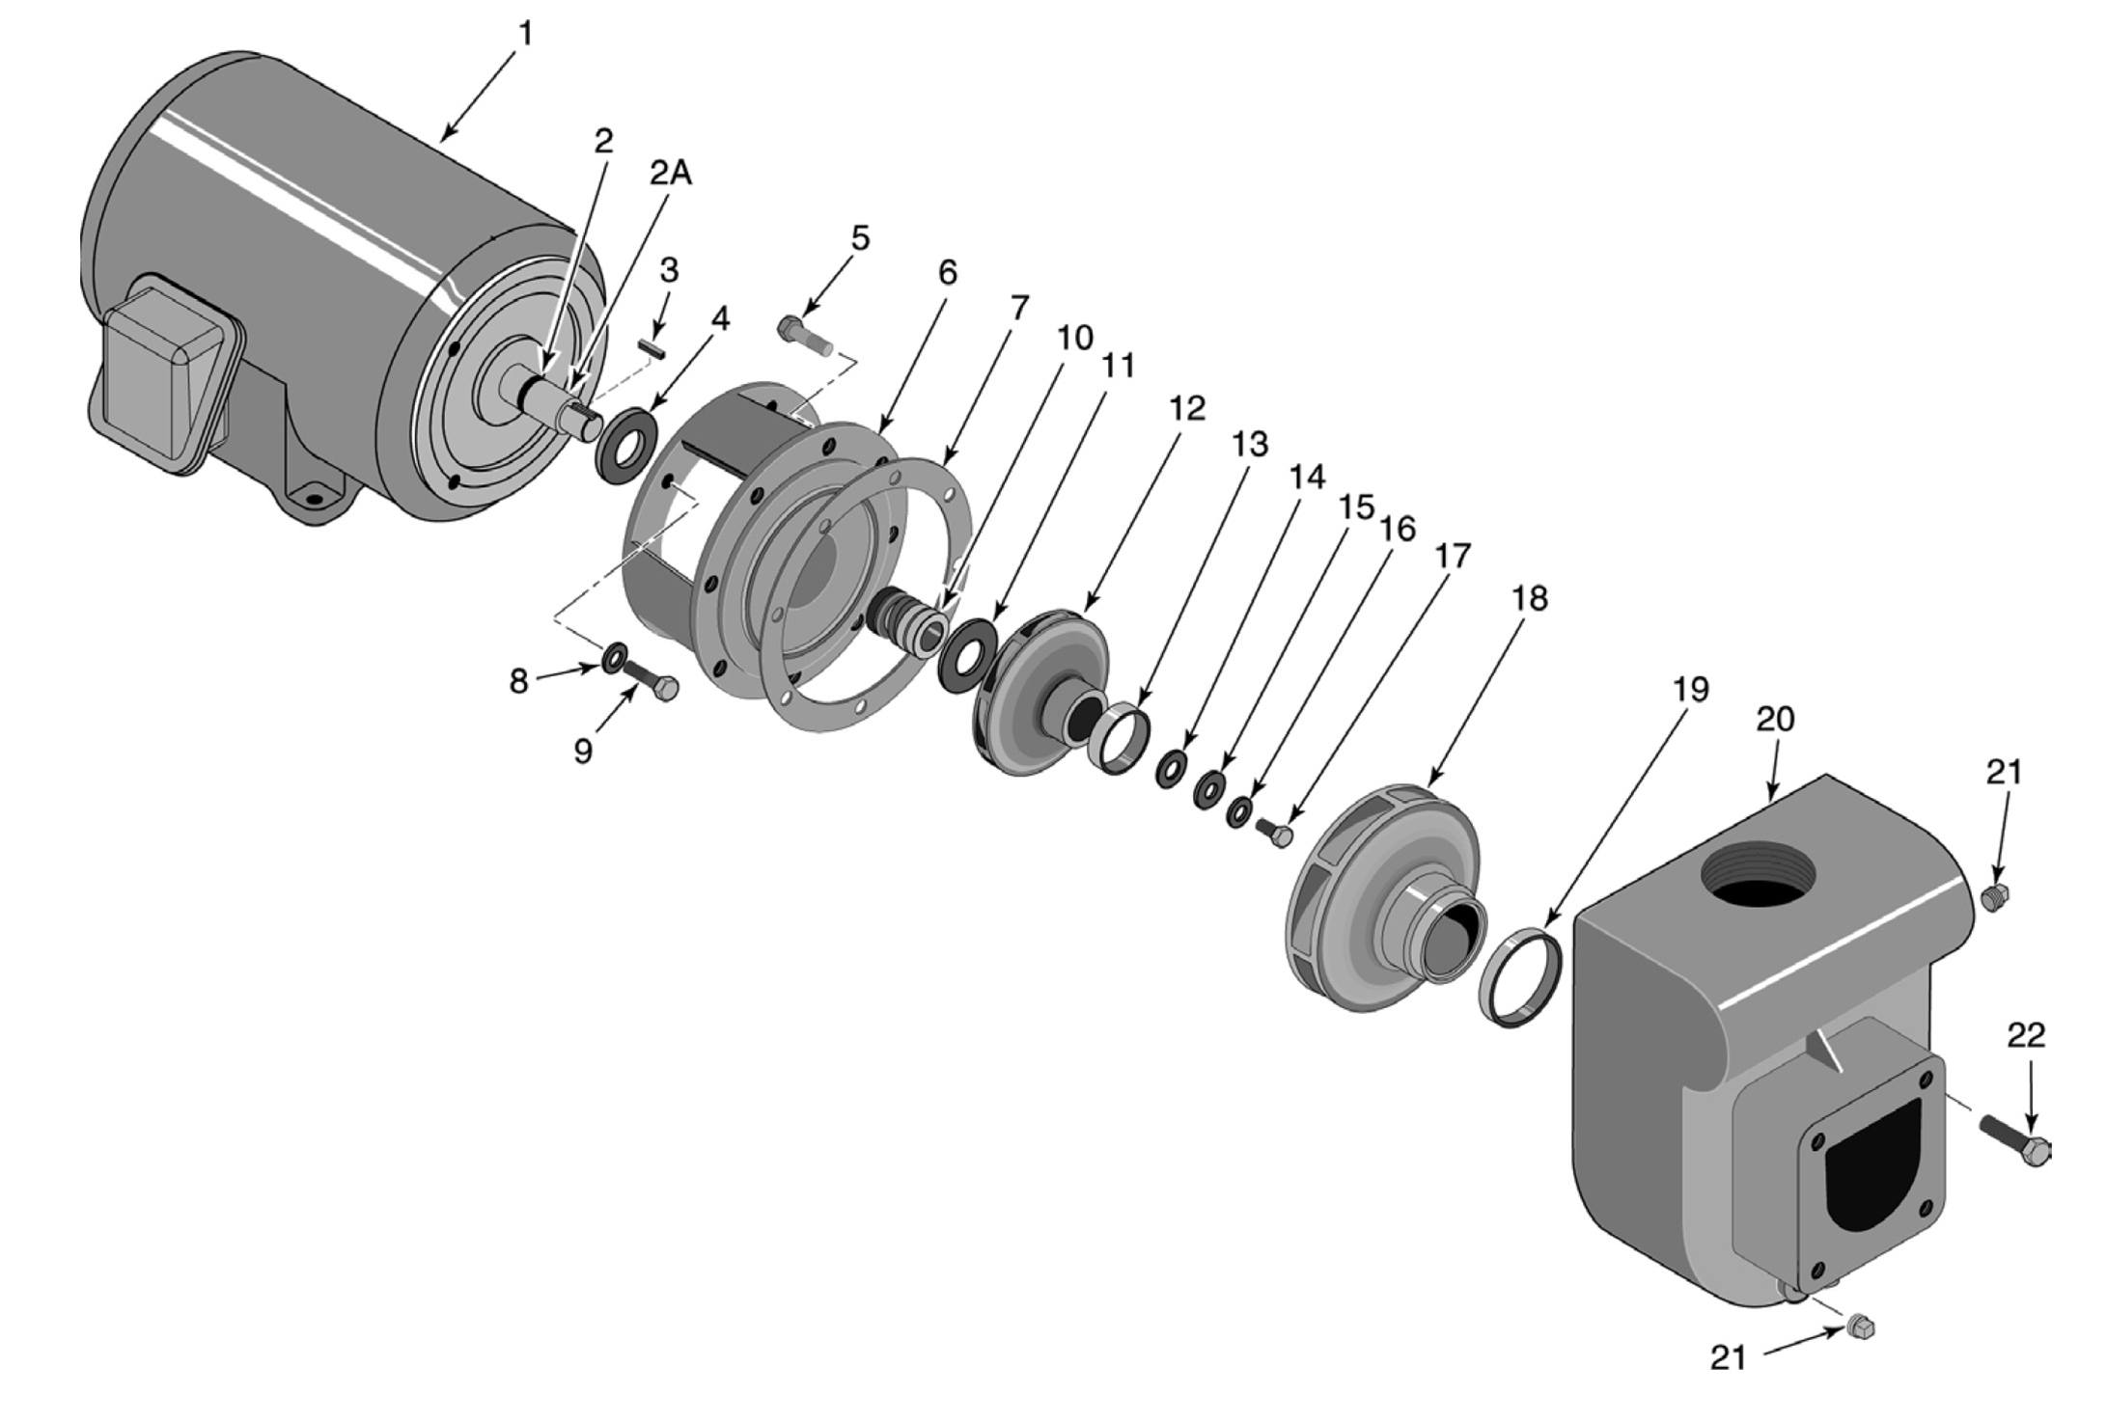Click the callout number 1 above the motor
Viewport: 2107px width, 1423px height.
tap(525, 34)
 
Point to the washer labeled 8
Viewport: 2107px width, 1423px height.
tap(613, 658)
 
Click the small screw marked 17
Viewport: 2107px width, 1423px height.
tap(1275, 833)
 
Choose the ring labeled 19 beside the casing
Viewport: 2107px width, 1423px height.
tap(1521, 976)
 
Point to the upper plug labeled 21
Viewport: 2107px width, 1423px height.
tap(1996, 896)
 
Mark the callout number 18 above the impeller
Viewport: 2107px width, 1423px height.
tap(1529, 598)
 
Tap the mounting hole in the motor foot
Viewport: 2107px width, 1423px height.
tap(311, 500)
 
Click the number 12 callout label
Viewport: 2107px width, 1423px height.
tap(1187, 408)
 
